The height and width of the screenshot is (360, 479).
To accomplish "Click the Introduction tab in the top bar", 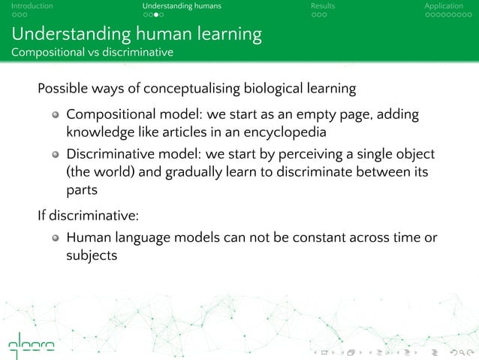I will pyautogui.click(x=27, y=6).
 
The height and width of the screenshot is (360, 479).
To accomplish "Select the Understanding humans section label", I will pyautogui.click(x=182, y=6).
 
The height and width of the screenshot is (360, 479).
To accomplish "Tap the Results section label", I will pyautogui.click(x=323, y=6).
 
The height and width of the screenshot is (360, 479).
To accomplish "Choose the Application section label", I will pyautogui.click(x=444, y=6).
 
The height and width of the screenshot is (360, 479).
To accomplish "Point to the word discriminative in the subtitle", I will pyautogui.click(x=137, y=52).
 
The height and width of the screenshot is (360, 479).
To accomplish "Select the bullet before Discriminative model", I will pyautogui.click(x=56, y=155).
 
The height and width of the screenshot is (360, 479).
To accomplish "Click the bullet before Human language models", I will pyautogui.click(x=56, y=240).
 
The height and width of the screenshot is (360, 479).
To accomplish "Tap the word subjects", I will pyautogui.click(x=92, y=257).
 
